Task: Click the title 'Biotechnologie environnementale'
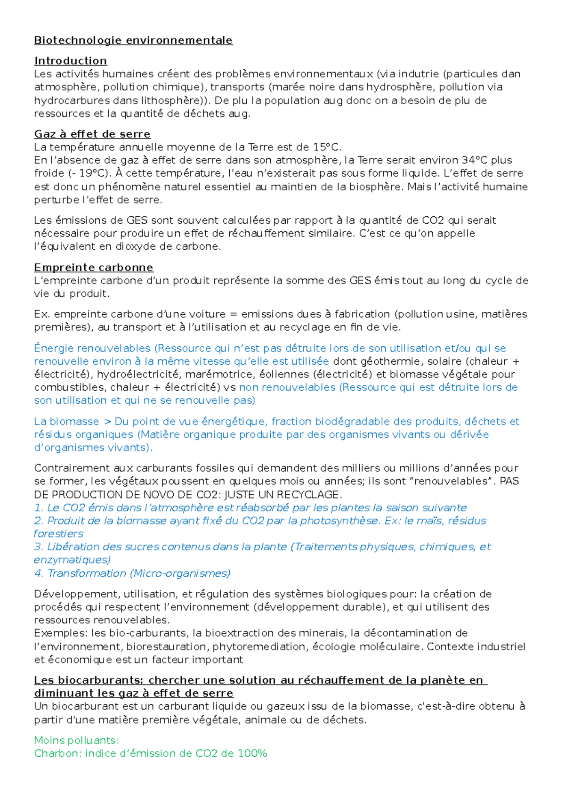[133, 41]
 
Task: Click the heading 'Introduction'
[71, 61]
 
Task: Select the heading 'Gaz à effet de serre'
[92, 134]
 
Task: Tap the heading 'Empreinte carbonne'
[94, 268]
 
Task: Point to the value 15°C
[327, 147]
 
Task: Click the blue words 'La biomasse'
[66, 422]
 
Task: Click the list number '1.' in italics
[39, 508]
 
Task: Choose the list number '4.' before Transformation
[39, 573]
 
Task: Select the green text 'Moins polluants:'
[77, 741]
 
